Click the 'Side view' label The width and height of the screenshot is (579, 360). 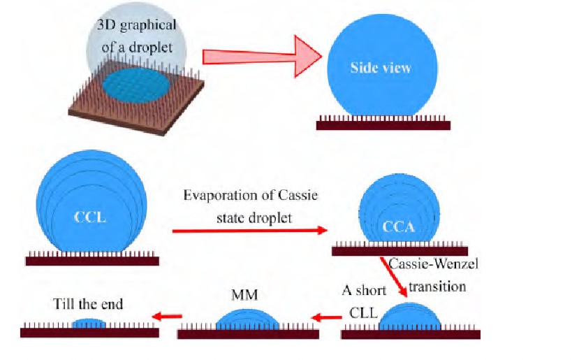point(381,69)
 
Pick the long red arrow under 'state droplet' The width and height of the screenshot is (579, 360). point(250,230)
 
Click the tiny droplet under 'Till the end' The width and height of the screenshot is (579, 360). point(89,324)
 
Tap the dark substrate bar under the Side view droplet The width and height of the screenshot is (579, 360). point(383,126)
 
